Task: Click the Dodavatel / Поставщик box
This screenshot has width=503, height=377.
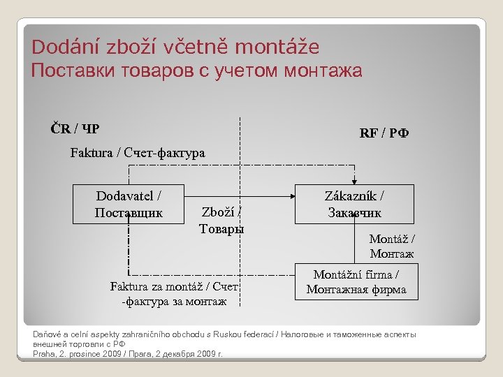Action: point(129,204)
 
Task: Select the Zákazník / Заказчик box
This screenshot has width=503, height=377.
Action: point(354,204)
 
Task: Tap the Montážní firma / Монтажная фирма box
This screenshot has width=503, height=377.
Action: point(356,282)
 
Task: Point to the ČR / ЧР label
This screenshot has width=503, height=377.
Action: point(74,128)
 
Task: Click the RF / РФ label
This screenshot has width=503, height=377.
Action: point(384,133)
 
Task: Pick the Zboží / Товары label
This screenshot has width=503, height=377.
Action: point(221,220)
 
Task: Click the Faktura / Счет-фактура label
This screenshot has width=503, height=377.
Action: point(138,153)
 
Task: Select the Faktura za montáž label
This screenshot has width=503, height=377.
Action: point(174,294)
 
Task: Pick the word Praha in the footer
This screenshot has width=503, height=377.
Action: point(44,353)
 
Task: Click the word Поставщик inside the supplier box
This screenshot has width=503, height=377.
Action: point(129,212)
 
